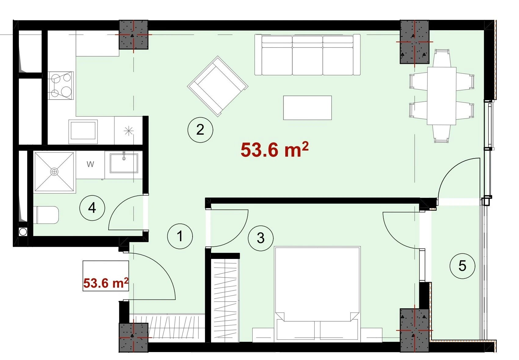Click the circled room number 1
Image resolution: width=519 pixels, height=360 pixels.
pyautogui.click(x=180, y=236)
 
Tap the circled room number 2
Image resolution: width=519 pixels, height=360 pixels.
pyautogui.click(x=200, y=130)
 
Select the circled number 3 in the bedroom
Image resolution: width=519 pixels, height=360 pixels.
pyautogui.click(x=261, y=238)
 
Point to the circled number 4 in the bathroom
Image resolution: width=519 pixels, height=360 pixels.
pyautogui.click(x=92, y=208)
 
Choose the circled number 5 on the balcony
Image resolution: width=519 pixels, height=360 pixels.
pyautogui.click(x=462, y=266)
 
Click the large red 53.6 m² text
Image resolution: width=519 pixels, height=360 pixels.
pyautogui.click(x=275, y=150)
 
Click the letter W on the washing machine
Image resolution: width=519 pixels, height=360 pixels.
pyautogui.click(x=90, y=164)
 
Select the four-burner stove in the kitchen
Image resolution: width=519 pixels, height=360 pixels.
pyautogui.click(x=61, y=85)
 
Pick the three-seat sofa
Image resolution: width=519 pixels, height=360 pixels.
pyautogui.click(x=308, y=55)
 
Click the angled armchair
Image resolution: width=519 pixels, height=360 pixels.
pyautogui.click(x=218, y=86)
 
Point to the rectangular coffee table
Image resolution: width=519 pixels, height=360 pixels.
pyautogui.click(x=307, y=108)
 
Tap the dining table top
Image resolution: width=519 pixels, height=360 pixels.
pyautogui.click(x=442, y=96)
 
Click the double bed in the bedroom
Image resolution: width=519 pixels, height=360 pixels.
pyautogui.click(x=317, y=294)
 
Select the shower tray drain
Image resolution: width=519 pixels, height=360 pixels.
pyautogui.click(x=54, y=172)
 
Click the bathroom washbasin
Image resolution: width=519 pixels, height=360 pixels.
pyautogui.click(x=124, y=163)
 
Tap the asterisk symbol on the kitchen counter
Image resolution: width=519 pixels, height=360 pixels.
pyautogui.click(x=128, y=131)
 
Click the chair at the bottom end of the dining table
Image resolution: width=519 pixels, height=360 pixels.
pyautogui.click(x=442, y=134)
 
